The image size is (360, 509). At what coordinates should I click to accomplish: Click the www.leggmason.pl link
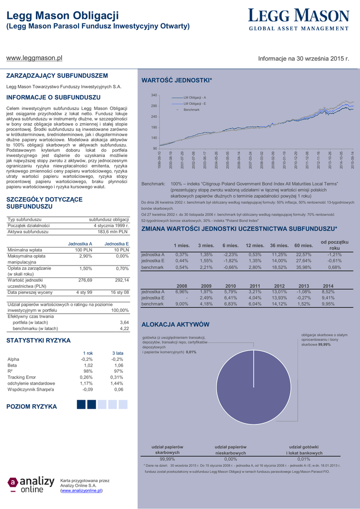tap(34, 58)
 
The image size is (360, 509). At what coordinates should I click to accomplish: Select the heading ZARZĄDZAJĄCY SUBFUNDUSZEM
tap(57, 76)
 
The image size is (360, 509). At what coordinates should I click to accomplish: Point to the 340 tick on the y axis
tap(154, 95)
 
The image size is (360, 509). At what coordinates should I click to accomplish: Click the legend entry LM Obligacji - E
tap(194, 103)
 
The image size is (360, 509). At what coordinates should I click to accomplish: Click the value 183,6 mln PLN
tap(113, 232)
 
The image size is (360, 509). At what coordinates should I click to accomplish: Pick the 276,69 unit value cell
tap(86, 280)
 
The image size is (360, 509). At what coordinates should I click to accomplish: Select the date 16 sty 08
tap(120, 292)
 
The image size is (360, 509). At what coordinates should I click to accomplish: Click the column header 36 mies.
tap(279, 246)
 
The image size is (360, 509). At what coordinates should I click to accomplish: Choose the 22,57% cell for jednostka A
tap(303, 254)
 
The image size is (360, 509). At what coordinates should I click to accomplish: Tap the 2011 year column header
tap(255, 286)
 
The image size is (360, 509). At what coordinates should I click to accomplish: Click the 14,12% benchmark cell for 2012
tap(279, 304)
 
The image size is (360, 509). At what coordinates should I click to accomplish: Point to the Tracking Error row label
tap(22, 377)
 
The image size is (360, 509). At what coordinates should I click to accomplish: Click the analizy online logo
tap(31, 484)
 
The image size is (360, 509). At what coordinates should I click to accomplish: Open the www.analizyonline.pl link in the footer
tap(81, 491)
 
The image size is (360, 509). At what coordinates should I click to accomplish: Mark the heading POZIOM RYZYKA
tap(31, 407)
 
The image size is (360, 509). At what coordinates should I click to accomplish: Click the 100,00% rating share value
tap(119, 310)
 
